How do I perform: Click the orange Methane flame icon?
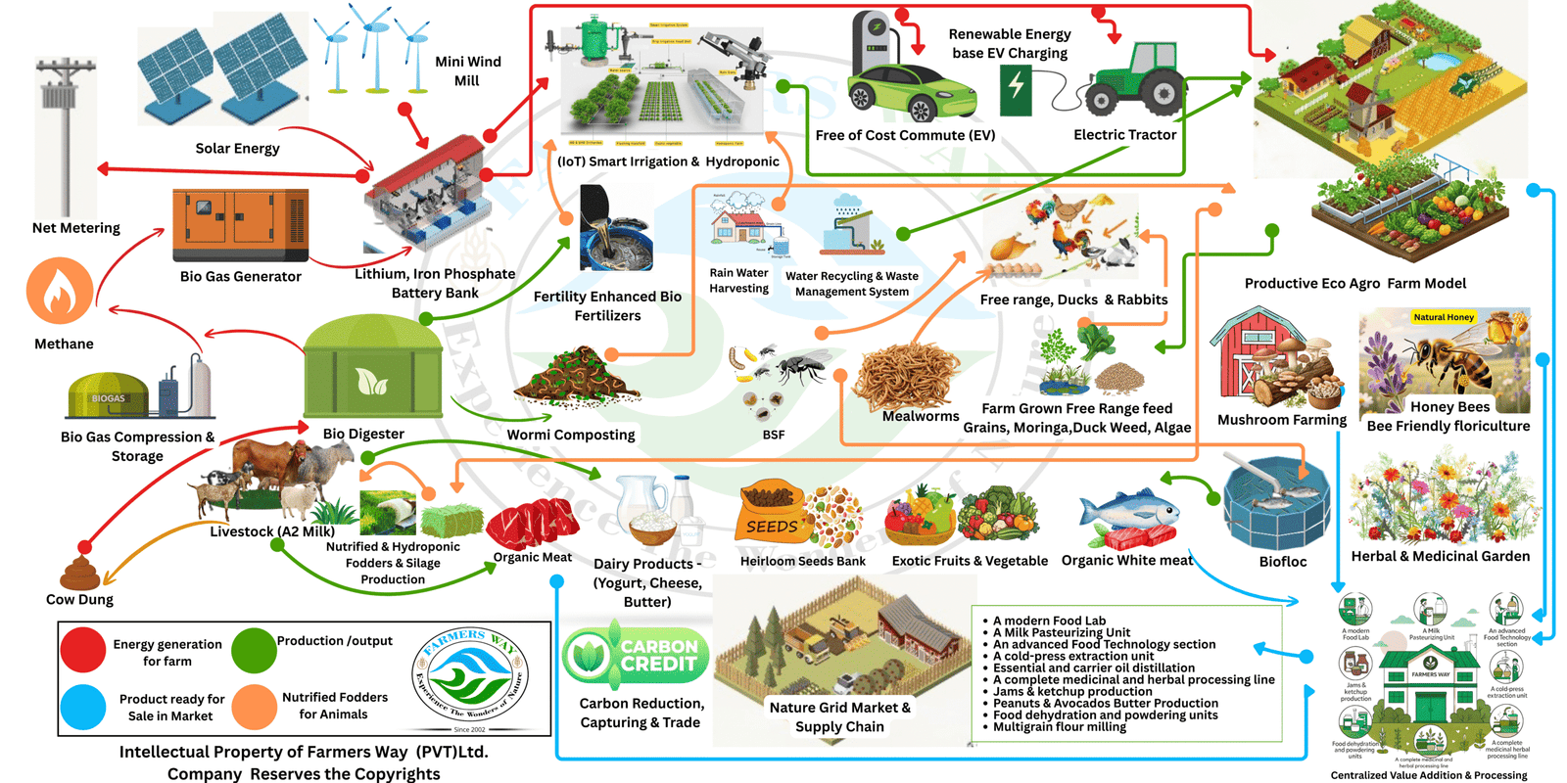tap(60, 291)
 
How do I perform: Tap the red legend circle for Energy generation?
tap(83, 651)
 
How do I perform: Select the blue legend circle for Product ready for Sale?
tap(83, 707)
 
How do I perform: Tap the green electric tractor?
tap(1136, 78)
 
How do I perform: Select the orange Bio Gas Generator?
tap(240, 225)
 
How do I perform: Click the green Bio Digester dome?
tap(372, 367)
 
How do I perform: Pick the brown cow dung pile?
tap(80, 574)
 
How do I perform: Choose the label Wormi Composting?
tap(571, 435)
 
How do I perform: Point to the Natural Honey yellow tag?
tap(1444, 317)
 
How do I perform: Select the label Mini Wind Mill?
tap(467, 70)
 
